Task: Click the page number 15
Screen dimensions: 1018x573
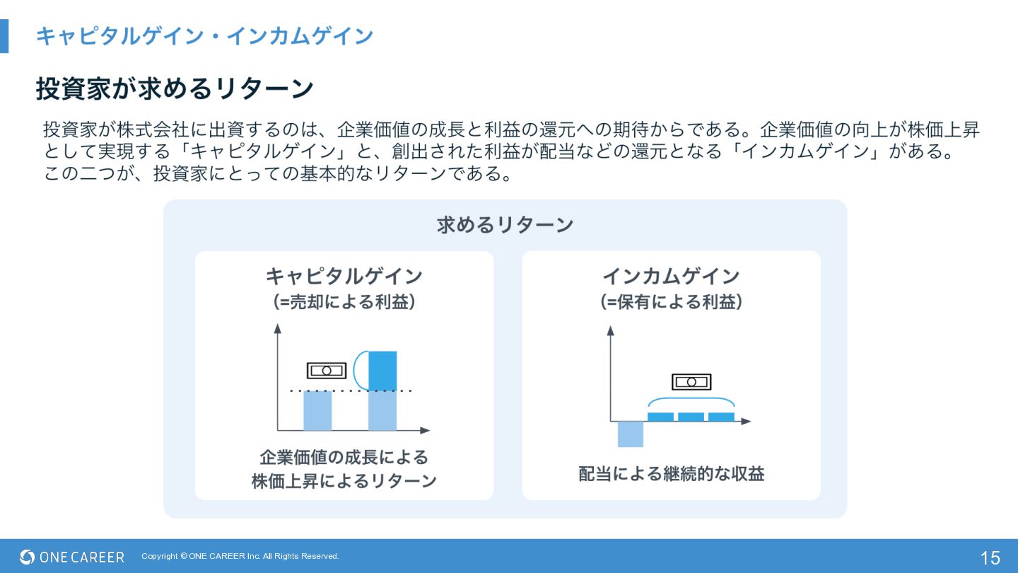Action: point(990,557)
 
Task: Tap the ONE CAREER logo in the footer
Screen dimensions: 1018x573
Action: point(72,557)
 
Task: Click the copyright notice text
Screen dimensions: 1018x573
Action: point(240,556)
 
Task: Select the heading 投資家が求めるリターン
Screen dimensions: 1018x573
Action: point(175,88)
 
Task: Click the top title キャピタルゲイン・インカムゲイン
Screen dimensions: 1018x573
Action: point(204,35)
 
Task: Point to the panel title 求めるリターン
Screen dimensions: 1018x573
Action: point(505,225)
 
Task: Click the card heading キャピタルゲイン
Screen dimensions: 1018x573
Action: point(344,275)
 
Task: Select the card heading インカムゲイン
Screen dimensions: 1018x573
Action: point(671,275)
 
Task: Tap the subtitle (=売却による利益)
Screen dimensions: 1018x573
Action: point(344,302)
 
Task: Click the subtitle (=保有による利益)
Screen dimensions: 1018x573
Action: point(671,302)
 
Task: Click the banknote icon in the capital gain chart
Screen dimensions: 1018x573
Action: point(327,370)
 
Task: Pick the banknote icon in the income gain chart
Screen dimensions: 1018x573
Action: point(691,382)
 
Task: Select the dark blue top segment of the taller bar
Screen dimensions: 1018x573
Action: point(382,370)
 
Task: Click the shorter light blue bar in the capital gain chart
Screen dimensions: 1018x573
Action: point(317,410)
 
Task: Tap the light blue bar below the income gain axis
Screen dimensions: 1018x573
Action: point(630,434)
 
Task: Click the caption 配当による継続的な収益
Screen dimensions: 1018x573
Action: point(671,473)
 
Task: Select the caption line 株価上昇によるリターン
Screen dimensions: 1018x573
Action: point(344,481)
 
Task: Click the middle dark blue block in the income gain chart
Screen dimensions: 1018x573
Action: point(691,417)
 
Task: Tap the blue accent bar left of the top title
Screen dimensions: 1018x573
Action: point(4,35)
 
